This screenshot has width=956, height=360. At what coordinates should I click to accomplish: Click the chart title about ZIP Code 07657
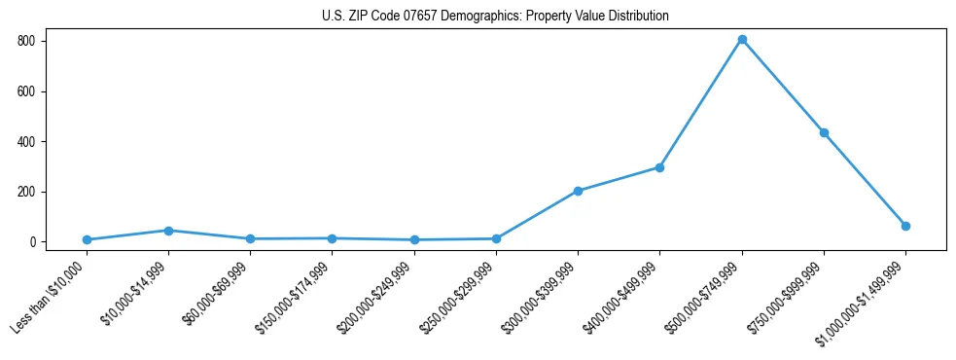495,17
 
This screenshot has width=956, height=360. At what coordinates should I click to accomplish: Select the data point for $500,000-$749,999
742,40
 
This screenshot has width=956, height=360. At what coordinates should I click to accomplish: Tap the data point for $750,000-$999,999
824,132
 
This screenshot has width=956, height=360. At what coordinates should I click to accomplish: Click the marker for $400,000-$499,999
659,167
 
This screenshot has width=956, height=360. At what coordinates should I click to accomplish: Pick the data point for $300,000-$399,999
578,191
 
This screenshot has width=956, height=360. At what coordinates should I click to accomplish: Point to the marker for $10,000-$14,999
168,231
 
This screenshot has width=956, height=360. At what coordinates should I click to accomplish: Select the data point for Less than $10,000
87,239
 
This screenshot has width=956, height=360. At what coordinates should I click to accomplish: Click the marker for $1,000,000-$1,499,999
905,226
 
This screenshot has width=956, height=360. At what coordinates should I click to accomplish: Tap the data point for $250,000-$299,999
496,238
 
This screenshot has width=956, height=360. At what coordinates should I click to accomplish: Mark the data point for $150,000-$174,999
333,238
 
